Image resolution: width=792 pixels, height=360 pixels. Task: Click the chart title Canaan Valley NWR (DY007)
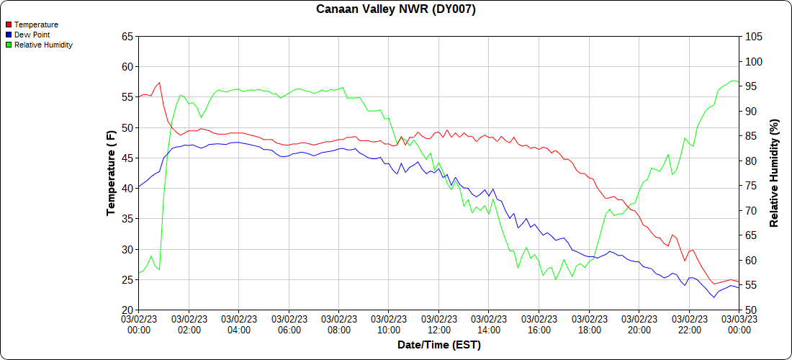point(396,9)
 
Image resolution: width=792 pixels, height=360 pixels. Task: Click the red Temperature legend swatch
point(9,24)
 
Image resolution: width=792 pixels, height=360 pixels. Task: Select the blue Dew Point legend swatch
point(9,35)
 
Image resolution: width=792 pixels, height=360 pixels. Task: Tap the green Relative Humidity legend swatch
point(9,45)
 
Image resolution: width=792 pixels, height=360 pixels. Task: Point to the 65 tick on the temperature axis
point(127,37)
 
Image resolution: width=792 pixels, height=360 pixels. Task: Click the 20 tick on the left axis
point(127,310)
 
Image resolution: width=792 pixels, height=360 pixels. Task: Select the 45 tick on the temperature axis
point(127,158)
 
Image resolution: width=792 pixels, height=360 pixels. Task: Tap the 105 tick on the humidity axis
point(752,37)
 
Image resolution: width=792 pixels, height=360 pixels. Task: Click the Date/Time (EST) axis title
point(439,345)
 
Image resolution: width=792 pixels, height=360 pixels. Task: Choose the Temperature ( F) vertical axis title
point(111,174)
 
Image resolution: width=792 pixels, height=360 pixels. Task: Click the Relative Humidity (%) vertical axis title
point(775,174)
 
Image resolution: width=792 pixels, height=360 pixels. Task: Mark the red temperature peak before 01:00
point(159,82)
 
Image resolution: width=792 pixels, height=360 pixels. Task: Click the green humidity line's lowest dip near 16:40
point(556,279)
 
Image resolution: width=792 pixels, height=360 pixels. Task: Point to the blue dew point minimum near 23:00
point(714,297)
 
